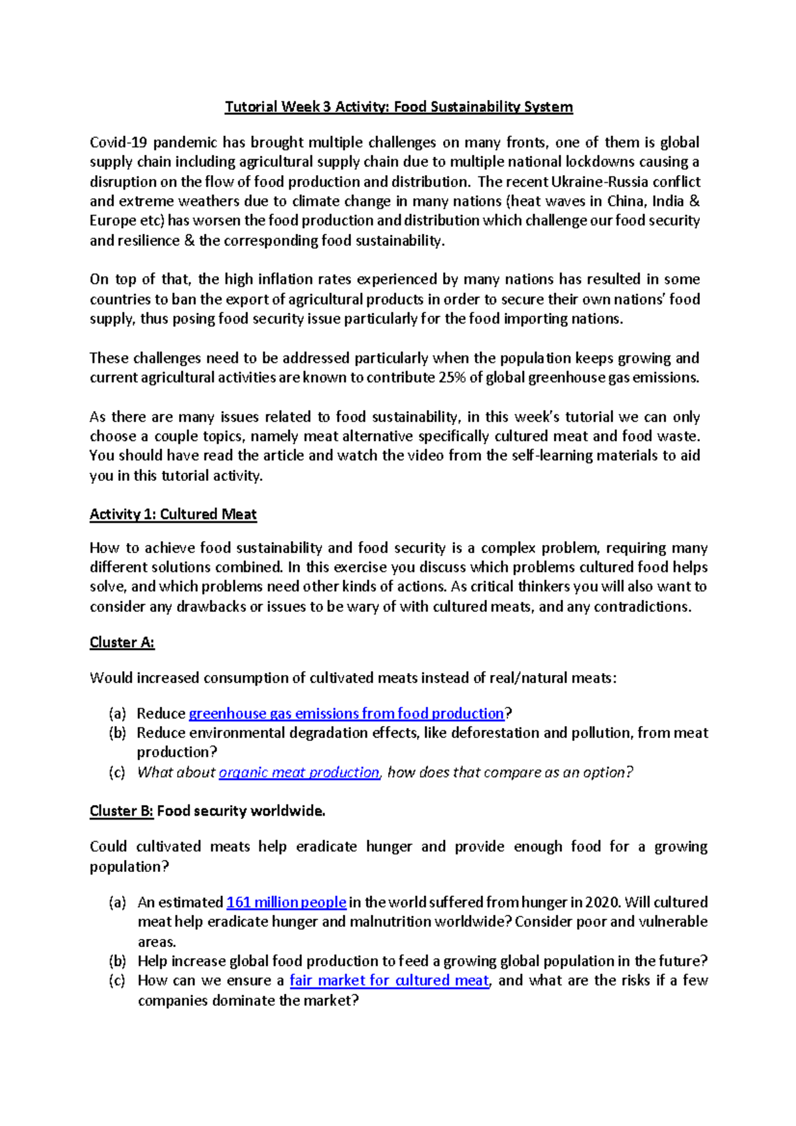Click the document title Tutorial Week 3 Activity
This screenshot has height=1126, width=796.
pyautogui.click(x=398, y=107)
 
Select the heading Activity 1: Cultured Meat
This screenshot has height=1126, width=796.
pyautogui.click(x=173, y=515)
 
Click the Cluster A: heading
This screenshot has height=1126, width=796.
pyautogui.click(x=122, y=643)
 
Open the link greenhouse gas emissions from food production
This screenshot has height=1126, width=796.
pyautogui.click(x=346, y=714)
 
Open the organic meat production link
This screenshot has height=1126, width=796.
pyautogui.click(x=298, y=773)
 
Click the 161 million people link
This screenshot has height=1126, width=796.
pyautogui.click(x=286, y=903)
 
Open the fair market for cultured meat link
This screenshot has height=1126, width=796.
pyautogui.click(x=389, y=981)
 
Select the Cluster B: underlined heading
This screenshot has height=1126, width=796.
pyautogui.click(x=121, y=811)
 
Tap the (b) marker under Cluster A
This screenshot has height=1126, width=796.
pyautogui.click(x=117, y=733)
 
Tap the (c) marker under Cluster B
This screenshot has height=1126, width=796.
pyautogui.click(x=117, y=981)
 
